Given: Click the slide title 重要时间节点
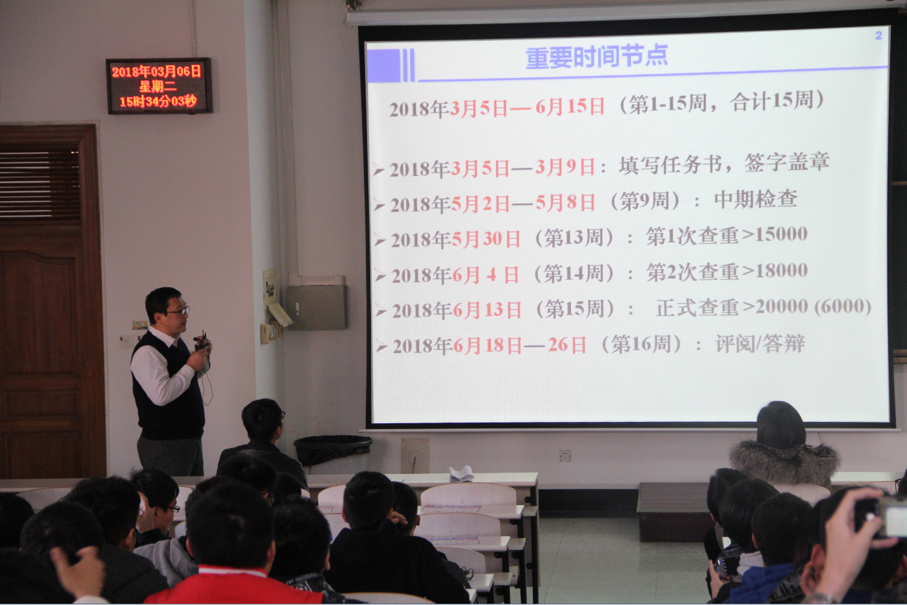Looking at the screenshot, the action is [x=596, y=56].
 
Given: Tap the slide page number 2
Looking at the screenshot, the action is [x=878, y=35].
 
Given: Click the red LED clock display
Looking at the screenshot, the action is [x=159, y=86].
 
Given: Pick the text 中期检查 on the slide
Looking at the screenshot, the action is [x=756, y=199].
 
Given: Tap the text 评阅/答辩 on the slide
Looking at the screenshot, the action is [x=760, y=344].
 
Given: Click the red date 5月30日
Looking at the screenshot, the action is [x=486, y=239].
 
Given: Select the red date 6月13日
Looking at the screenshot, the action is [x=487, y=310].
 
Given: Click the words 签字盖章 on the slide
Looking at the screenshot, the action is [x=787, y=162].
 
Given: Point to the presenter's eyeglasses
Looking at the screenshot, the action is [x=178, y=312].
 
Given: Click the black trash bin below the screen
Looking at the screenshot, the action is [x=333, y=450].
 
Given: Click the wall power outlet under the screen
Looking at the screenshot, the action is [x=565, y=456].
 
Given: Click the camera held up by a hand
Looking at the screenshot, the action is [x=884, y=517].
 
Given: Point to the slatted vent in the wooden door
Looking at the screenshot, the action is [x=40, y=184].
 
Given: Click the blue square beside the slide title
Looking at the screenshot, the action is [x=383, y=65].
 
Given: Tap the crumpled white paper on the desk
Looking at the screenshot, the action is [x=461, y=473].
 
